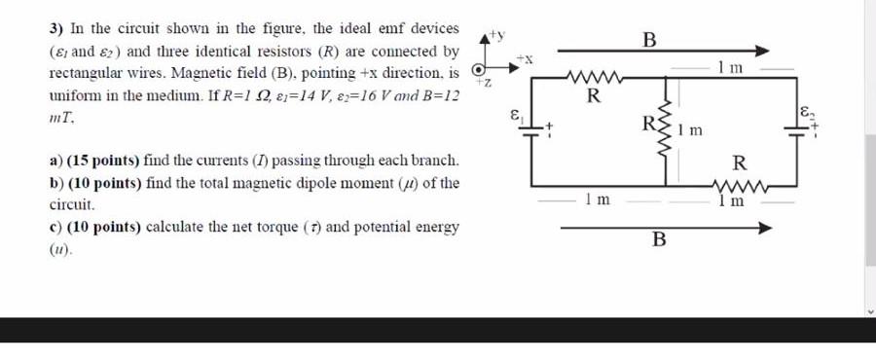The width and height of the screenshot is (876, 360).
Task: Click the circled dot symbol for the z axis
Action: [x=478, y=70]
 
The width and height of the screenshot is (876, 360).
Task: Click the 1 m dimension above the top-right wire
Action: [x=729, y=67]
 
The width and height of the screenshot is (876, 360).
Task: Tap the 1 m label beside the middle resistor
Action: [x=690, y=129]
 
